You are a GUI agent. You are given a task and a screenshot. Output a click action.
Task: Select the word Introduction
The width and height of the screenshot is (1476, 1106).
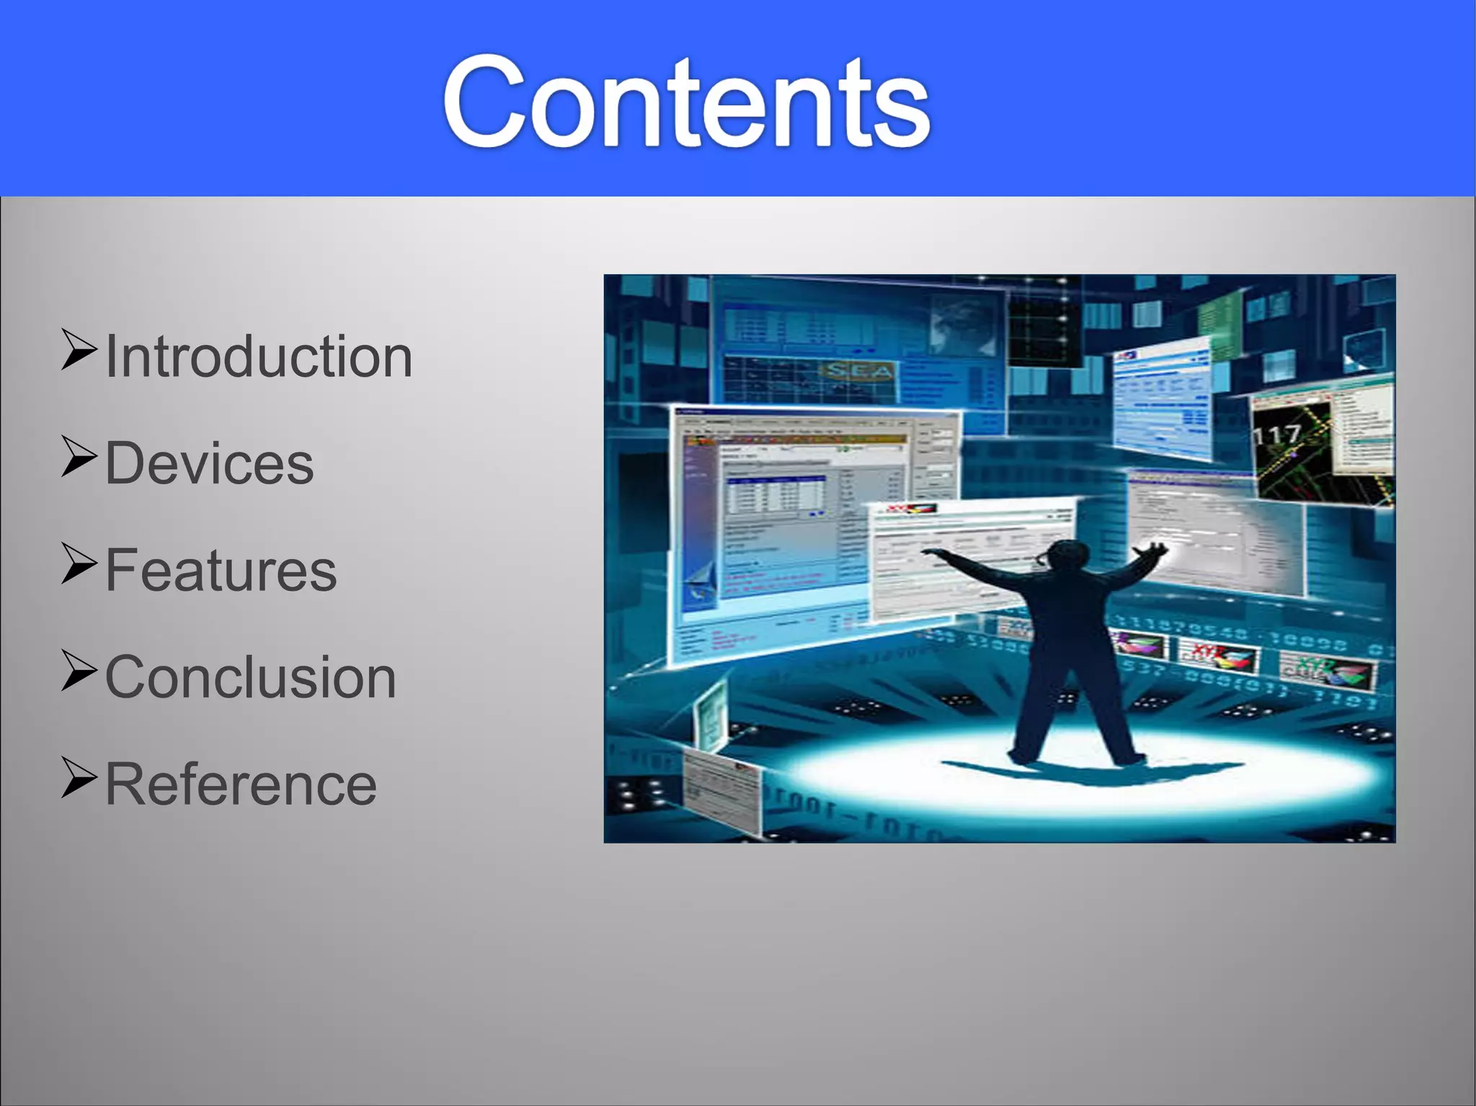click(x=259, y=357)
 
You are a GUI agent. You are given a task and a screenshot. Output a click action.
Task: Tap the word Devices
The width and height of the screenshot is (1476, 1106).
click(x=210, y=463)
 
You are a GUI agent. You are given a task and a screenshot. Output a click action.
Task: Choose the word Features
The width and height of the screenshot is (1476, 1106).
click(x=221, y=570)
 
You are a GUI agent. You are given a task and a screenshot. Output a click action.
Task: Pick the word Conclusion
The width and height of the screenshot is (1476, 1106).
click(x=251, y=677)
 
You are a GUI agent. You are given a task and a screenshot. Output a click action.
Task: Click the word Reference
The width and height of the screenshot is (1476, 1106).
click(x=241, y=784)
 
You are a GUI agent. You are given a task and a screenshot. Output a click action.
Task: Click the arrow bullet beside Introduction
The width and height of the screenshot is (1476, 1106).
click(x=78, y=350)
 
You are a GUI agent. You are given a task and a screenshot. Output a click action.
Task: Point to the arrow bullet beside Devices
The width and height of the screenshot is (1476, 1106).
click(x=78, y=457)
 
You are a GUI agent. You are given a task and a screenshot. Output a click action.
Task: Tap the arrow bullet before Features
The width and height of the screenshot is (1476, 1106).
click(x=78, y=563)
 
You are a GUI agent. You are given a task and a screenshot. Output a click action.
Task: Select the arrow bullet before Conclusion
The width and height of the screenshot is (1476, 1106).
click(x=78, y=671)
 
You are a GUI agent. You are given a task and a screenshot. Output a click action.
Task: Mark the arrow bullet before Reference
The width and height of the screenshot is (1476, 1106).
click(x=78, y=778)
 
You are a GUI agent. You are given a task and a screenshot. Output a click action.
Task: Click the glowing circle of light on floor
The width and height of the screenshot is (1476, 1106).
click(x=1081, y=771)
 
